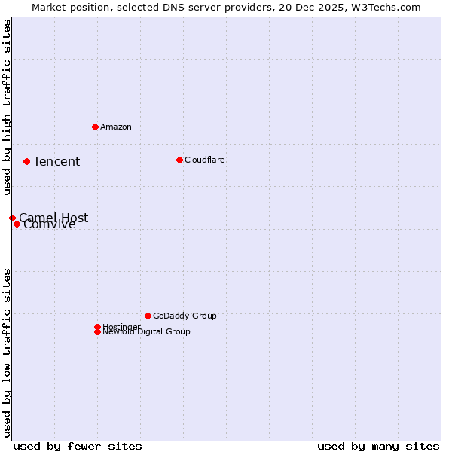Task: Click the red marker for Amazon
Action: coord(95,127)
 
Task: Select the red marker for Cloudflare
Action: coord(179,160)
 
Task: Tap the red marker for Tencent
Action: coord(26,161)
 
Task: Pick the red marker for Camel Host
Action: coord(12,218)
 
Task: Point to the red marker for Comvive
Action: coord(17,224)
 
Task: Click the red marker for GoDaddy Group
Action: coord(148,316)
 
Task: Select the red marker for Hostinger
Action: coord(97,327)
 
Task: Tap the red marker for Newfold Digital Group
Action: coord(97,332)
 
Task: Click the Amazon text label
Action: coord(116,127)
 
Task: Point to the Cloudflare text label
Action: coord(205,160)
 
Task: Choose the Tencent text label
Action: coord(56,162)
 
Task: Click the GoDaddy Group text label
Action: coord(185,316)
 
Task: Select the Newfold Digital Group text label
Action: coord(147,332)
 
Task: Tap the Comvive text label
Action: coord(50,225)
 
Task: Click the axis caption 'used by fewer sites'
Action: coord(78,446)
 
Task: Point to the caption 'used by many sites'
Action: coord(378,446)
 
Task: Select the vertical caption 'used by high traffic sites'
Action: coord(7,108)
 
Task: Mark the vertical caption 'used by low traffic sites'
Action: coord(7,352)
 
